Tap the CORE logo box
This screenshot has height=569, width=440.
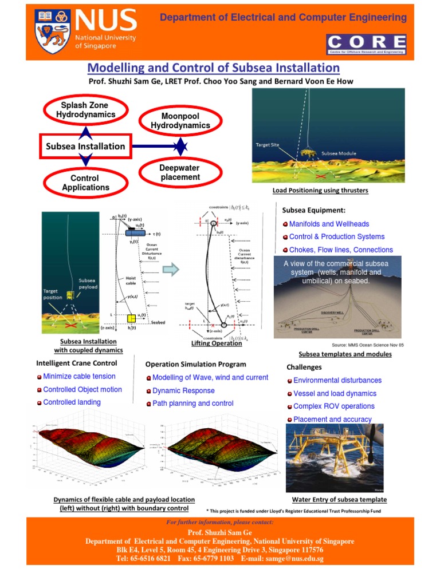[x=367, y=44]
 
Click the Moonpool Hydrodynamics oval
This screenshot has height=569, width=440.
[x=180, y=121]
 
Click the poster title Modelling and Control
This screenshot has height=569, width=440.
[x=213, y=68]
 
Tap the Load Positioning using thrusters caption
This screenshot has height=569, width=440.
[x=320, y=190]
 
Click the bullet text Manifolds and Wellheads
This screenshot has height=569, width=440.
[x=329, y=224]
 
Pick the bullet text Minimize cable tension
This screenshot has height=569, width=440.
[x=79, y=377]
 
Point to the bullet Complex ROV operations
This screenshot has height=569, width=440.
[x=333, y=406]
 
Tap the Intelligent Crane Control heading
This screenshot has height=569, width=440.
[x=77, y=363]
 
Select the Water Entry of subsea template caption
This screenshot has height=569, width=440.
[x=339, y=500]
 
